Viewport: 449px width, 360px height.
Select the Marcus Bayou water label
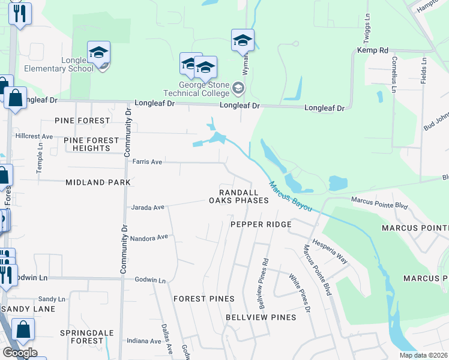(290, 195)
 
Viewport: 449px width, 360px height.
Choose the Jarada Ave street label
(148, 208)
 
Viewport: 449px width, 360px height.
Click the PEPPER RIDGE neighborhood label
(261, 224)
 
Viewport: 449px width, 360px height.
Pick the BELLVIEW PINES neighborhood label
(261, 317)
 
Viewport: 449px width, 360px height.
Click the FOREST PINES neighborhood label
(203, 298)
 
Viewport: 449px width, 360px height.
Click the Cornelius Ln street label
(394, 75)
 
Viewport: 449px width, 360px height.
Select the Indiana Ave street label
(144, 341)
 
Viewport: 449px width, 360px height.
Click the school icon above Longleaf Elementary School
(98, 53)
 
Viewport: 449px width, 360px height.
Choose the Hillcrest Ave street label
(34, 136)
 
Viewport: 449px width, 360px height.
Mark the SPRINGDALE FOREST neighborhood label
(82, 337)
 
